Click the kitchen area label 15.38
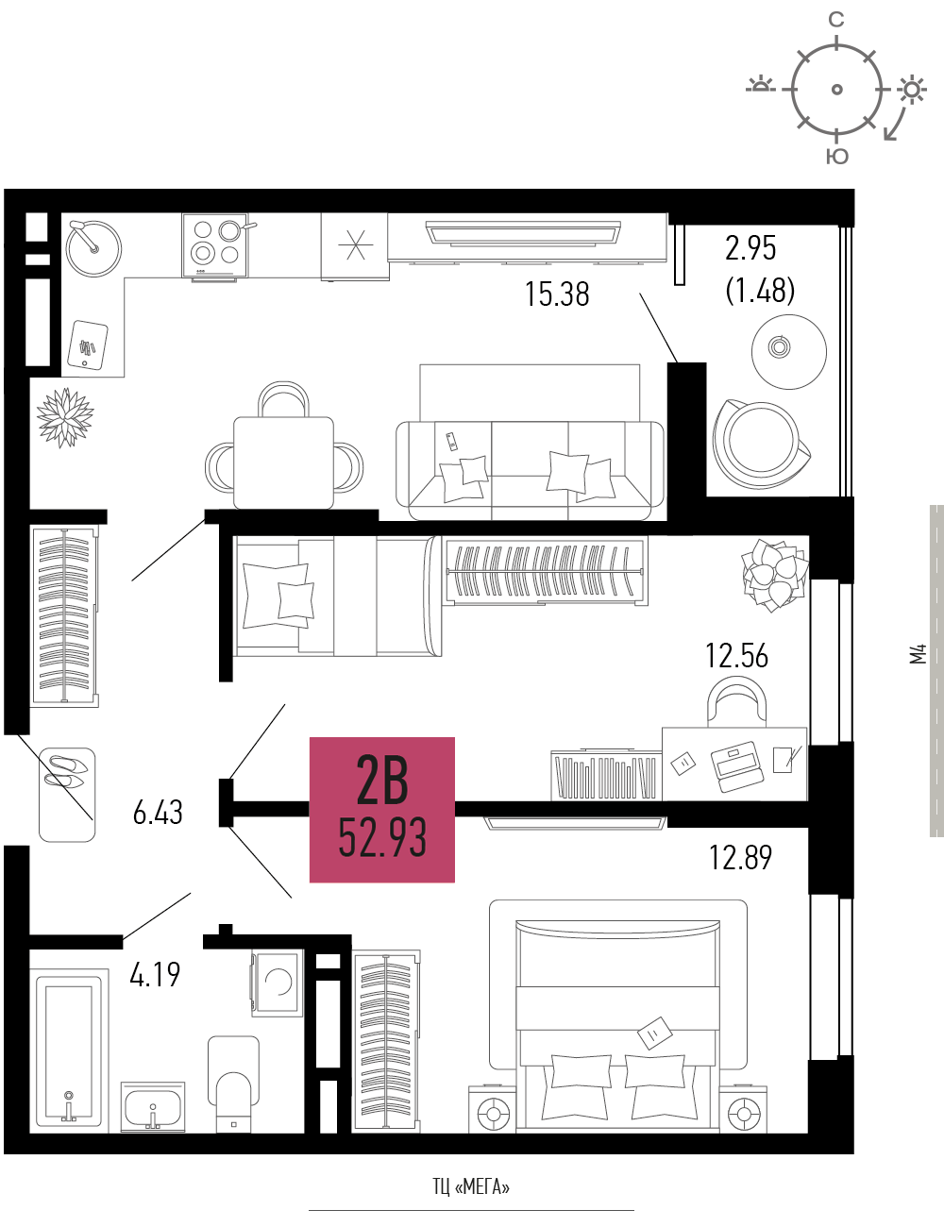pyautogui.click(x=557, y=294)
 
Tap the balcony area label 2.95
pyautogui.click(x=750, y=248)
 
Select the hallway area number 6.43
pyautogui.click(x=158, y=813)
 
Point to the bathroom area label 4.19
pyautogui.click(x=155, y=975)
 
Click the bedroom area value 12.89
pyautogui.click(x=740, y=857)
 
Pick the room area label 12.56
pyautogui.click(x=737, y=656)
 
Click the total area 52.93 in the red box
pyautogui.click(x=382, y=838)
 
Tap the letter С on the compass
pyautogui.click(x=836, y=20)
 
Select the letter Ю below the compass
pyautogui.click(x=837, y=157)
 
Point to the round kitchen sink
pyautogui.click(x=93, y=248)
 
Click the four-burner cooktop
pyautogui.click(x=215, y=245)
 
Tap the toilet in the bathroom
pyautogui.click(x=234, y=1084)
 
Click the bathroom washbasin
pyautogui.click(x=152, y=1107)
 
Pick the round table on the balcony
pyautogui.click(x=789, y=352)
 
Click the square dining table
pyautogui.click(x=283, y=462)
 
